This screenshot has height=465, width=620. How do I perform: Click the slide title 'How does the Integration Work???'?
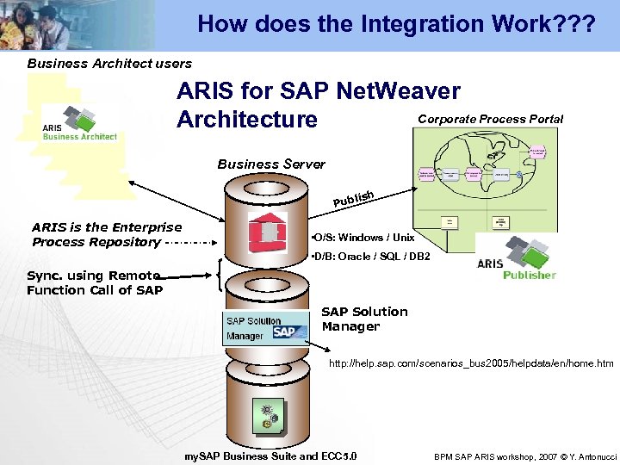click(395, 23)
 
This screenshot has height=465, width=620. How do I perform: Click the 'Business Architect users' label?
click(109, 63)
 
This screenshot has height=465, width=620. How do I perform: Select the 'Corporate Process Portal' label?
click(490, 119)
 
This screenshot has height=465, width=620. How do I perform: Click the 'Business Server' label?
click(271, 164)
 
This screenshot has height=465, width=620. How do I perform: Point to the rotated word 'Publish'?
click(353, 199)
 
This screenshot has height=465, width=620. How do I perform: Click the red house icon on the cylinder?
click(267, 232)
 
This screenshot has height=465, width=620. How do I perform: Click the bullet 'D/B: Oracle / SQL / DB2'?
click(369, 257)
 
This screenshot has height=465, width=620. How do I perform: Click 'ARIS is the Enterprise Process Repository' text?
click(107, 234)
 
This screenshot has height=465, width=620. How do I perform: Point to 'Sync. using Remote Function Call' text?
click(94, 282)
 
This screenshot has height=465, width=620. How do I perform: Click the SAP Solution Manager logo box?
click(265, 328)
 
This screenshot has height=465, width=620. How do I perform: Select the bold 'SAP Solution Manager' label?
click(364, 319)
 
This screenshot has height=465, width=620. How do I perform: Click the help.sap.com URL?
click(471, 363)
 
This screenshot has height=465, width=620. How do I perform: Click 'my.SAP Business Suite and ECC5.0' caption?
click(271, 456)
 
